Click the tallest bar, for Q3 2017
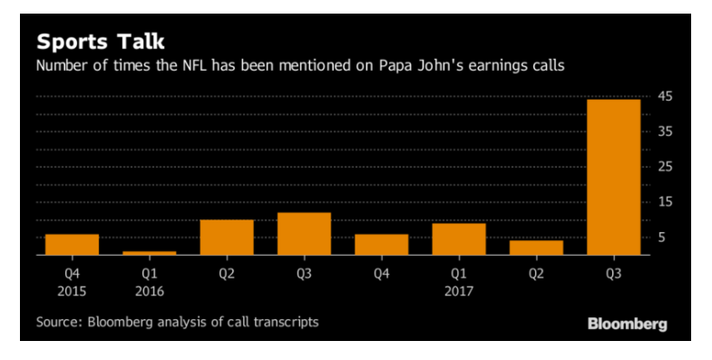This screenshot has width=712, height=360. pos(613,177)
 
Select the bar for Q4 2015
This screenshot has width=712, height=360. pos(73,245)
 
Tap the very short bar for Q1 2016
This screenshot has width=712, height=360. pos(150,253)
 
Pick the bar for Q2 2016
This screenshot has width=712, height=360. pos(227,238)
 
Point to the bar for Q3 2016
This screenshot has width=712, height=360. pos(304,234)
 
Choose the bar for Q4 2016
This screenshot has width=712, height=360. pos(382,245)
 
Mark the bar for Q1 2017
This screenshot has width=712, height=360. pos(459,239)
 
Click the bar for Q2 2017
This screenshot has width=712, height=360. pos(536,248)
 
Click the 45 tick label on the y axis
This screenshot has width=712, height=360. pos(665,97)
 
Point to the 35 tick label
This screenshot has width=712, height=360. pos(665,131)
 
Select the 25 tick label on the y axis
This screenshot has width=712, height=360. pos(665,167)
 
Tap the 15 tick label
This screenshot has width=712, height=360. pos(665,202)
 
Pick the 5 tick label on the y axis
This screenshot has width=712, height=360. pos(662,237)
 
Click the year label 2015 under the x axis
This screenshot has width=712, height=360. pos(72,291)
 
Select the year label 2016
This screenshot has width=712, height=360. pos(150,291)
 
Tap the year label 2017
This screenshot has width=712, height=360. pos(459,291)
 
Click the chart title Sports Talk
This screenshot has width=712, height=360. pos(101,42)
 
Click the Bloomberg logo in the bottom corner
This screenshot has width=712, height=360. pos(627,324)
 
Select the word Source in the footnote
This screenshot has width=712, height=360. pos(57,322)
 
